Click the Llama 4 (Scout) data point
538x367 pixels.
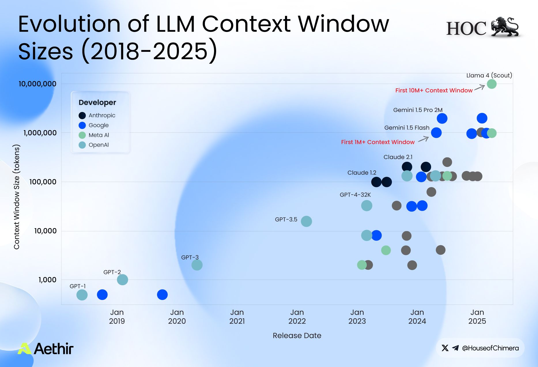click(492, 84)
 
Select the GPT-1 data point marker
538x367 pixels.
click(82, 295)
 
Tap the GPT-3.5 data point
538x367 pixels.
click(306, 221)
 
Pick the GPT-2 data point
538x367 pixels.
click(122, 279)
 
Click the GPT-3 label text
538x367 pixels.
click(190, 257)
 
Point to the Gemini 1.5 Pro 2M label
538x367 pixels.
click(418, 110)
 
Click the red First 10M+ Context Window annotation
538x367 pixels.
click(434, 90)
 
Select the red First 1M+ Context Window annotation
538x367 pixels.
click(377, 142)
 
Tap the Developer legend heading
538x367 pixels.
click(97, 102)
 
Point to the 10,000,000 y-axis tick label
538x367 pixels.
click(37, 84)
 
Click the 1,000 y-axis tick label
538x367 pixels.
click(47, 279)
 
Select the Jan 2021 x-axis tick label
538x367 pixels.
click(237, 317)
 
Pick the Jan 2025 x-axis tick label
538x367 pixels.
click(477, 317)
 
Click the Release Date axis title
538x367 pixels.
click(297, 335)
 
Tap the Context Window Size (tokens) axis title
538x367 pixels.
click(17, 197)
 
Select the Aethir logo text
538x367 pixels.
click(53, 349)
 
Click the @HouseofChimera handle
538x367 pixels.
click(490, 348)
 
